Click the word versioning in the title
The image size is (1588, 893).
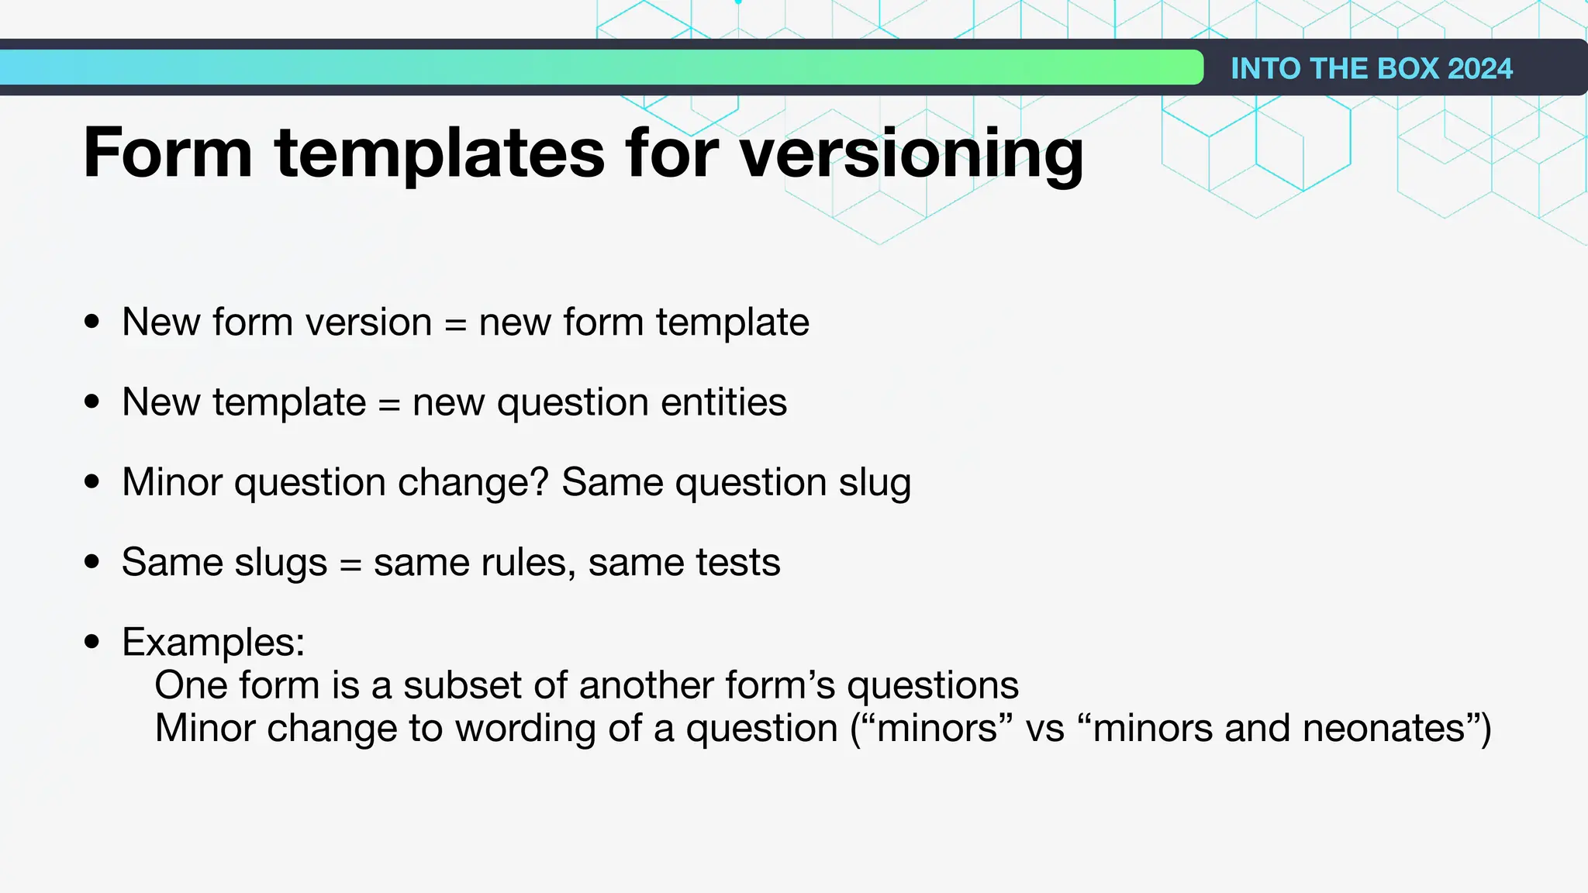pos(911,154)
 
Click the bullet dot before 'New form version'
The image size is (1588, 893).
pos(92,322)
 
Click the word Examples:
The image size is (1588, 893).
pos(213,642)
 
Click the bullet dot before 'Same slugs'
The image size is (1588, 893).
pos(92,561)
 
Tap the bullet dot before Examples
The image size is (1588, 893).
pos(92,642)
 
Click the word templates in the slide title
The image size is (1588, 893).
pos(440,154)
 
